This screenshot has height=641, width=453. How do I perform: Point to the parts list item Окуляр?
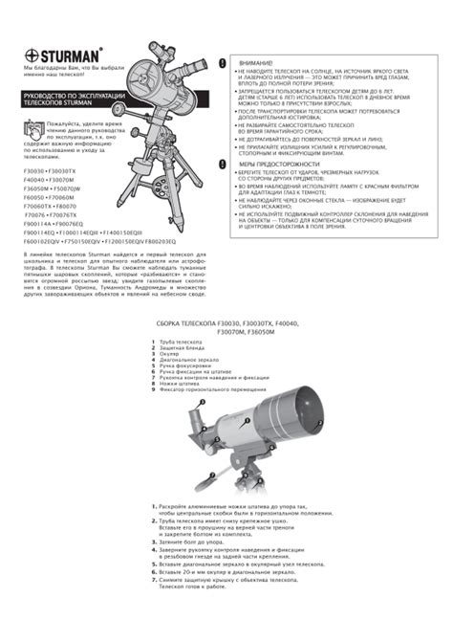tap(167, 354)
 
